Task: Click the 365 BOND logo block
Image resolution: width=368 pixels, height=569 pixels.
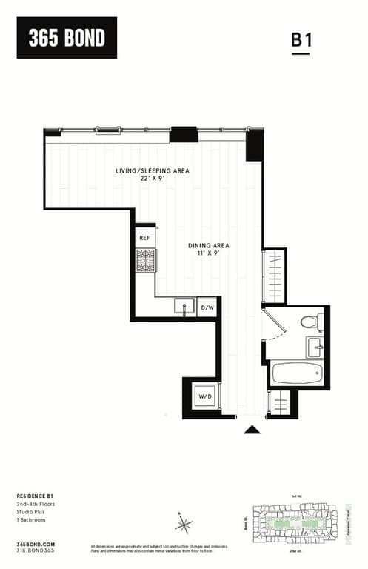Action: (67, 37)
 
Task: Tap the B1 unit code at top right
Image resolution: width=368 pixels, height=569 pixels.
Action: (301, 41)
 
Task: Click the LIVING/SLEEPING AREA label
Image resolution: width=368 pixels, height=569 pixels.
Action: (153, 170)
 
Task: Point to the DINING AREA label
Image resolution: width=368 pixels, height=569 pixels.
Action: (207, 245)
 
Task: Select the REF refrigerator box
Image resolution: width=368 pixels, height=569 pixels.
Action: (144, 238)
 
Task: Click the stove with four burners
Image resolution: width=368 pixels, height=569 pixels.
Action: (145, 260)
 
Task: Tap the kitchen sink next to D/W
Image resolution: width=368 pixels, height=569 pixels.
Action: (184, 307)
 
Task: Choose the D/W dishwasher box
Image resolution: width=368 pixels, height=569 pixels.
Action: (208, 307)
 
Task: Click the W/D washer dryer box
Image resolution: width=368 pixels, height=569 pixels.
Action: (203, 397)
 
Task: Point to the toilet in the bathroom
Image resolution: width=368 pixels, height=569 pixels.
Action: (312, 322)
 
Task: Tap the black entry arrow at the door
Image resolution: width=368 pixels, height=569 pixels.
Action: (252, 429)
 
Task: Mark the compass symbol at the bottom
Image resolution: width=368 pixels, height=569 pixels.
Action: (183, 524)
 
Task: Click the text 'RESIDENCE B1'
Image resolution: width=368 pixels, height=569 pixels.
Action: (36, 495)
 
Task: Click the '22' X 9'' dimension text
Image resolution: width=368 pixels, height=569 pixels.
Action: (153, 179)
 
